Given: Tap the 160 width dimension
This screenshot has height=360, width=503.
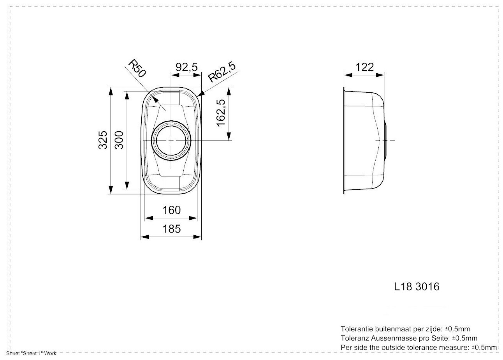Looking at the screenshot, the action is (x=171, y=210).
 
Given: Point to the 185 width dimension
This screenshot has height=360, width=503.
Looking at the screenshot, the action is (x=171, y=229).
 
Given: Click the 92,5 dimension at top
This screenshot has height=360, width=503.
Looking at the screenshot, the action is (x=187, y=67).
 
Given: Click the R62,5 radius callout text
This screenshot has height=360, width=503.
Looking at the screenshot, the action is (x=222, y=72).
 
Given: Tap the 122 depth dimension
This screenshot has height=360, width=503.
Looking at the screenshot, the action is (x=364, y=67).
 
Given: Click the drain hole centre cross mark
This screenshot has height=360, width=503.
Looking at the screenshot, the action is (x=171, y=140).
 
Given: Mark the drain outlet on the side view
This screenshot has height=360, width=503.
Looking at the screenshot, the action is (x=385, y=140).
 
